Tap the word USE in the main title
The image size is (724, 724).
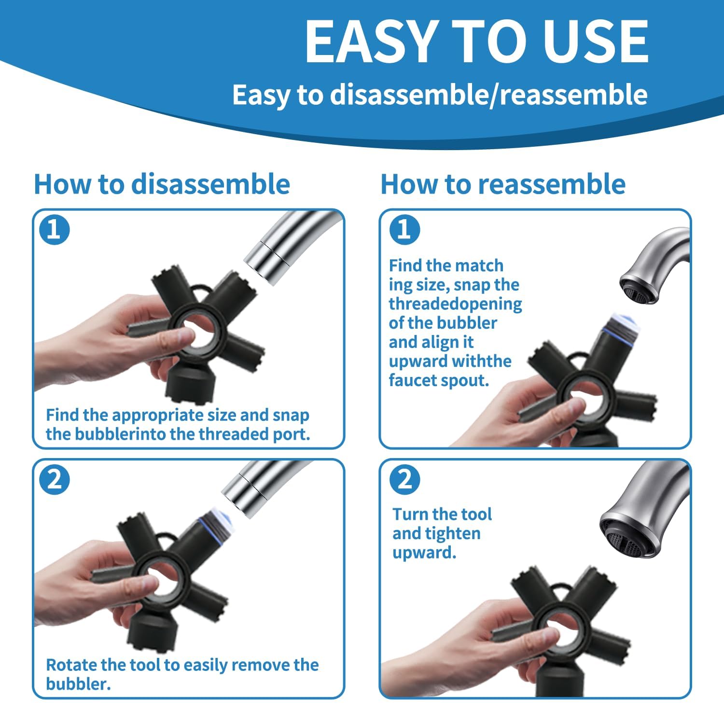coord(594,42)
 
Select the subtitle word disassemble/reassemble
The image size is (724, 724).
coord(488,95)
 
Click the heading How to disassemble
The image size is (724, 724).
coord(162,184)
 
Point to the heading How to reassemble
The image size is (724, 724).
coord(503,184)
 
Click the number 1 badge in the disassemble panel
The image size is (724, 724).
coord(55,229)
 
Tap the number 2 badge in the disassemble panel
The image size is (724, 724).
coord(55,480)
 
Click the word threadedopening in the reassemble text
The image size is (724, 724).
coord(456,305)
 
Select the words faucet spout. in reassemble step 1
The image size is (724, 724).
coord(439,380)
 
